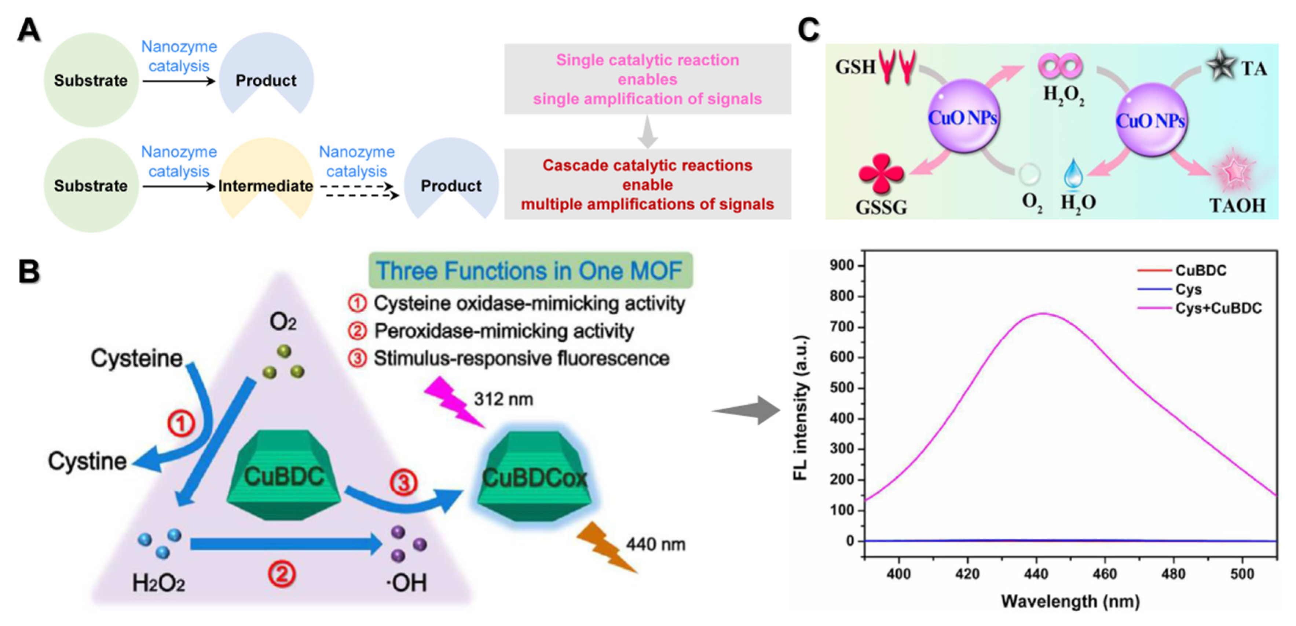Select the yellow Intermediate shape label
point(266,186)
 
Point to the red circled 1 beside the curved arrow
point(181,423)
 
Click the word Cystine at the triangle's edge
point(87,461)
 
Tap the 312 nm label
point(503,399)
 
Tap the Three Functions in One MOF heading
point(530,271)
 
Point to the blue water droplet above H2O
point(1073,174)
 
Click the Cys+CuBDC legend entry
point(1218,308)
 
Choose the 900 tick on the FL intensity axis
point(842,265)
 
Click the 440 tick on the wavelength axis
point(1036,574)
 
